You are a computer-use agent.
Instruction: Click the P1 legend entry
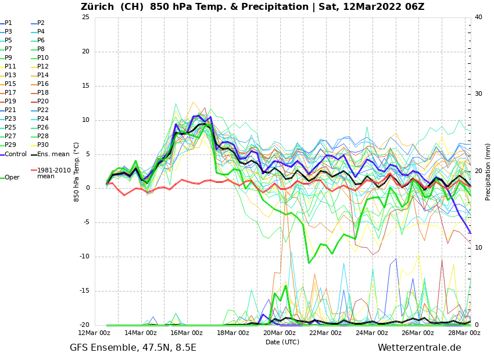pos(8,23)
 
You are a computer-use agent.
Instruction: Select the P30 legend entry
pos(43,145)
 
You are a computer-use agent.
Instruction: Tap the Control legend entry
pos(16,154)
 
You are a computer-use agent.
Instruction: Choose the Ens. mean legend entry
pos(53,154)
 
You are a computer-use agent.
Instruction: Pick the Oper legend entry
pos(12,178)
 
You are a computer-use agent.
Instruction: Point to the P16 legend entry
pos(43,84)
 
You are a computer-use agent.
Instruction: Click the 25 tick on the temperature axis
pos(85,17)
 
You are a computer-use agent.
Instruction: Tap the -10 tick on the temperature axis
pos(84,257)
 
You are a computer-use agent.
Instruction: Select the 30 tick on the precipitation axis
pos(478,94)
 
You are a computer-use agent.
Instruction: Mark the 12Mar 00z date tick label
pos(94,333)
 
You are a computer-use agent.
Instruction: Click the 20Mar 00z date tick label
pos(279,333)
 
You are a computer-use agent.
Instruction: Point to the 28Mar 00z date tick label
pos(464,333)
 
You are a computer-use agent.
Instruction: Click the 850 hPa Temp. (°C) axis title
pos(76,171)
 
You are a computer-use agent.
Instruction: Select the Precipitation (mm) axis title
pos(488,171)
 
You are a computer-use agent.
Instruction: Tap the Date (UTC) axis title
pos(282,343)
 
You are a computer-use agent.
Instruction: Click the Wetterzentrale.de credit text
pos(419,348)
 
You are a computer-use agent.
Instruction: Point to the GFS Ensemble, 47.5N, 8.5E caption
pos(133,348)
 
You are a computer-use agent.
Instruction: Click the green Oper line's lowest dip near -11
pos(309,263)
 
